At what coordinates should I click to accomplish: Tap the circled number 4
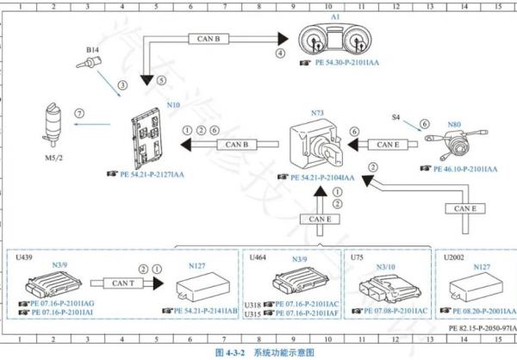[279, 53]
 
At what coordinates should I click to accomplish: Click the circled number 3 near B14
[122, 85]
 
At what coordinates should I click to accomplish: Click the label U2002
[452, 257]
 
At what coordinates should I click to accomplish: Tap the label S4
[396, 115]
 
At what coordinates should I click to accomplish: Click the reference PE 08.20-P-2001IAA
[481, 309]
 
